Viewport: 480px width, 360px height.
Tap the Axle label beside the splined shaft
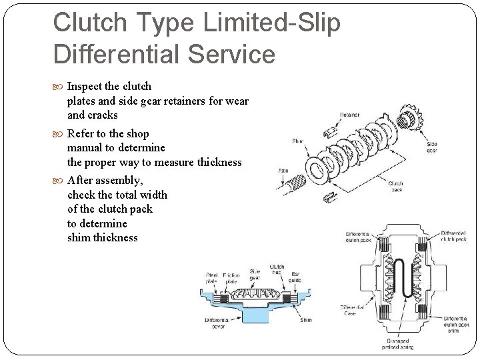pyautogui.click(x=283, y=171)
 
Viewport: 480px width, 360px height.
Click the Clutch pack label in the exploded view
pyautogui.click(x=395, y=187)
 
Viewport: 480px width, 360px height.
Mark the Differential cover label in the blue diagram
pyautogui.click(x=217, y=323)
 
